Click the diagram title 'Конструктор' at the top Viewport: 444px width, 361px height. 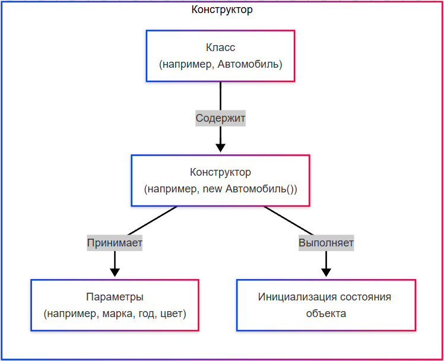point(222,10)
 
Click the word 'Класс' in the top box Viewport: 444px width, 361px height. point(220,47)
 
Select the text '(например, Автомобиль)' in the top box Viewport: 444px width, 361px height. point(220,64)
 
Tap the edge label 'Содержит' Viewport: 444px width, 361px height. point(220,118)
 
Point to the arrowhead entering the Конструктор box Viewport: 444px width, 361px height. point(220,148)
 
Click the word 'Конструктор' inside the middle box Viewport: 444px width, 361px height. point(220,173)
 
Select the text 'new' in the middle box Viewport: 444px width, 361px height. point(212,189)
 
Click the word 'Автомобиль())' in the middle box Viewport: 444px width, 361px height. point(261,189)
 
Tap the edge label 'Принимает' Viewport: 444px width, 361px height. point(115,243)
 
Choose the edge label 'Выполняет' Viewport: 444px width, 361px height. point(326,243)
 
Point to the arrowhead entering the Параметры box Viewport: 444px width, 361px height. point(115,273)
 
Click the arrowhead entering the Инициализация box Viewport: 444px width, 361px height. point(326,273)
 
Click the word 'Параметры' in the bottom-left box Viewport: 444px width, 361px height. point(115,297)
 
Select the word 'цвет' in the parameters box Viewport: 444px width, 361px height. point(172,313)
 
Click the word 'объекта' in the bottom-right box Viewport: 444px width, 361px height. point(326,313)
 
